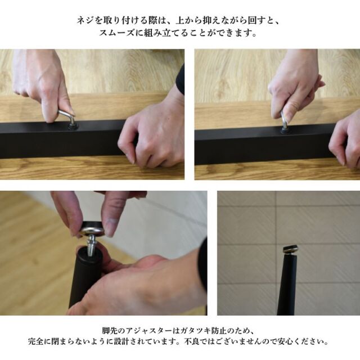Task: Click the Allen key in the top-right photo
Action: pos(284,120)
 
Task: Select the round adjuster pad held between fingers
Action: pos(93,229)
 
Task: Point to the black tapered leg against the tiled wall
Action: pos(287,284)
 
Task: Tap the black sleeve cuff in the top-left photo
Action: pos(181,79)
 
